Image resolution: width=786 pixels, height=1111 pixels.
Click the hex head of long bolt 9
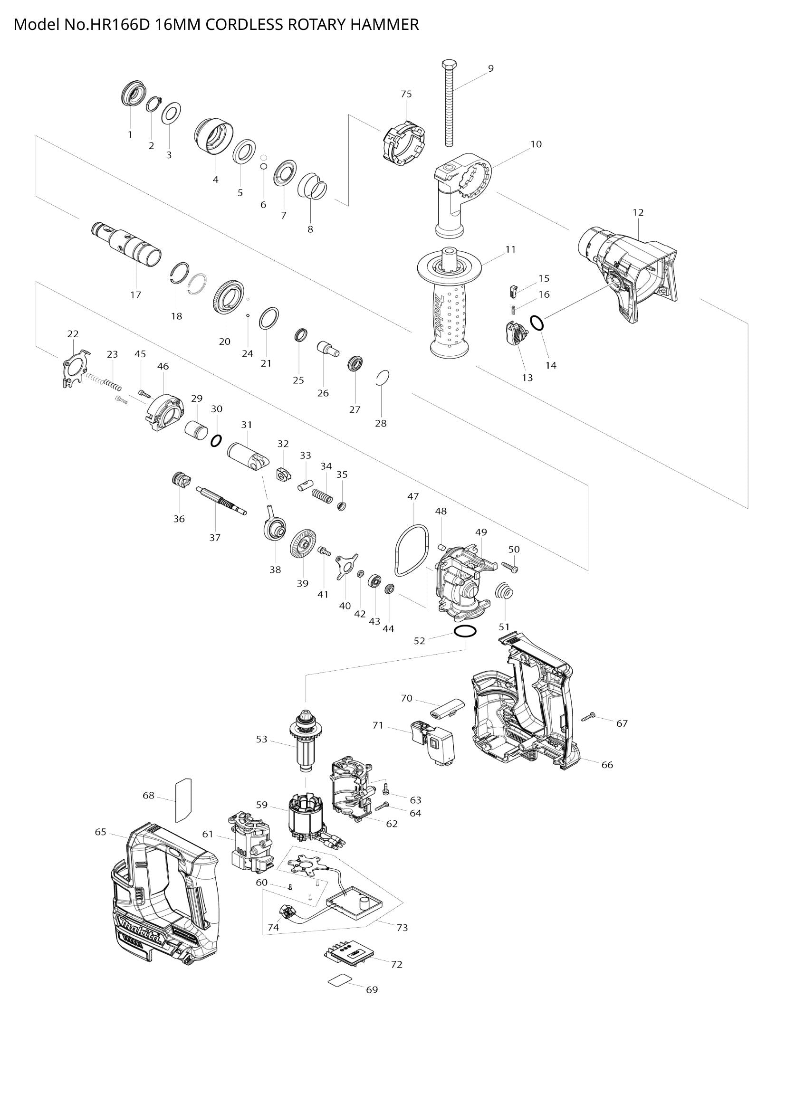(x=449, y=65)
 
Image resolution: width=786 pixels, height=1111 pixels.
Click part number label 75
(x=406, y=94)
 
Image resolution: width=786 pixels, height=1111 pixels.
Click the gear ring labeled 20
(x=227, y=296)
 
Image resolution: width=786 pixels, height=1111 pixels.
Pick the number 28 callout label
(x=381, y=423)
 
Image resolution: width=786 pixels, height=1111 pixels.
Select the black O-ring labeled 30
(x=216, y=440)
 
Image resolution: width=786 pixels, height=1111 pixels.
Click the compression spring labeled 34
(x=322, y=495)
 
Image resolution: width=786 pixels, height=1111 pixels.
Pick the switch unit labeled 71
(x=433, y=746)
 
